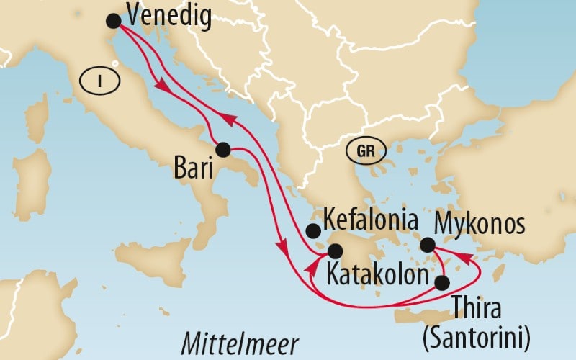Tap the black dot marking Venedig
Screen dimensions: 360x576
click(x=113, y=21)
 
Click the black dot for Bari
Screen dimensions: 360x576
click(x=222, y=150)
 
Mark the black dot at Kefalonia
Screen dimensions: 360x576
click(x=313, y=231)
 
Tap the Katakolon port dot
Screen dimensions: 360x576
click(x=335, y=251)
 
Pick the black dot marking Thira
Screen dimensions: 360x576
click(x=441, y=283)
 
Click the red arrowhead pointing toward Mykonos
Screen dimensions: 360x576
click(x=467, y=258)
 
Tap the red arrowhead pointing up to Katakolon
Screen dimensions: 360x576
click(x=311, y=266)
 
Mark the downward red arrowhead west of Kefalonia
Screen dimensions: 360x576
click(x=283, y=252)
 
